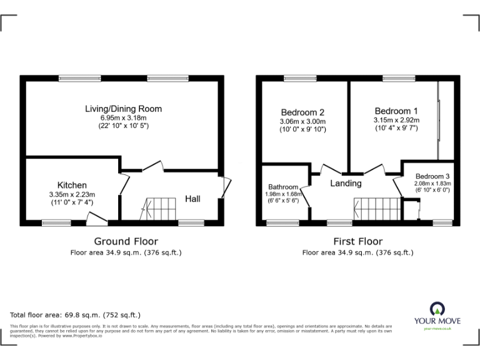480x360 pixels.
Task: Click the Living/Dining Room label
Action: (123, 109)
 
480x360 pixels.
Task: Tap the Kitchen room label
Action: (72, 185)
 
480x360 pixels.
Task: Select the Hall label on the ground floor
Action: (192, 199)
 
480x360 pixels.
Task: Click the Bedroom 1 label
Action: (396, 111)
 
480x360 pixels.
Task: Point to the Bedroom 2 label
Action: (303, 112)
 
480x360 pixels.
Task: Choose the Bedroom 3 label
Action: (432, 176)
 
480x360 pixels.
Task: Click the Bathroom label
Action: (283, 186)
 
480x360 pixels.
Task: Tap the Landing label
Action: (346, 183)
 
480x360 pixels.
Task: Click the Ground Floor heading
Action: (126, 241)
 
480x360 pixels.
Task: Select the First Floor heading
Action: (357, 241)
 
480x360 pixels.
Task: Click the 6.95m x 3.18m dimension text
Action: (123, 117)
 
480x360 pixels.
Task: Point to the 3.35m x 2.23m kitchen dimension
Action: (72, 194)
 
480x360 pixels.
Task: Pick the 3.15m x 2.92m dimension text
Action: (396, 120)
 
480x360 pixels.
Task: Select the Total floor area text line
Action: (76, 315)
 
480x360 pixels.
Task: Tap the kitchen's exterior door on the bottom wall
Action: (97, 218)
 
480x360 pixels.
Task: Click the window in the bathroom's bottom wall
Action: (282, 222)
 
